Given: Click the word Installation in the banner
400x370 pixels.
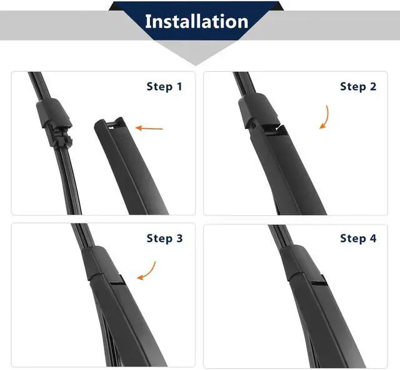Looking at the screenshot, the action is (196, 21).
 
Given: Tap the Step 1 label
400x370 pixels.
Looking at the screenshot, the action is (164, 86).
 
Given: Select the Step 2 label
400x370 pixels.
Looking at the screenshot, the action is (358, 86).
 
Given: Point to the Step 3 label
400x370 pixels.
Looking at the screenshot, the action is (164, 238).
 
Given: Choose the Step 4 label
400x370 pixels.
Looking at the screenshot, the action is (358, 238).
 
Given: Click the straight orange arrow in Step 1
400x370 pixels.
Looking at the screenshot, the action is (149, 128).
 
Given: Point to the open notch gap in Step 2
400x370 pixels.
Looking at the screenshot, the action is (274, 127).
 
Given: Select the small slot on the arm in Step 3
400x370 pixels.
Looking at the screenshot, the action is (118, 281).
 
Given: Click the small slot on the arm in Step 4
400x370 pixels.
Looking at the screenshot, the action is (319, 280).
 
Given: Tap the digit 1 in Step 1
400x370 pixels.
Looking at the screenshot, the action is (179, 87).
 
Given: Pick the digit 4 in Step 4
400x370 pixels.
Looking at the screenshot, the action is (373, 238).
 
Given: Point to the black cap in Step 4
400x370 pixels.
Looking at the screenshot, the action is (299, 261).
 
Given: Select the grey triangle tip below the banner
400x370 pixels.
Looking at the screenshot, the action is (196, 64).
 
